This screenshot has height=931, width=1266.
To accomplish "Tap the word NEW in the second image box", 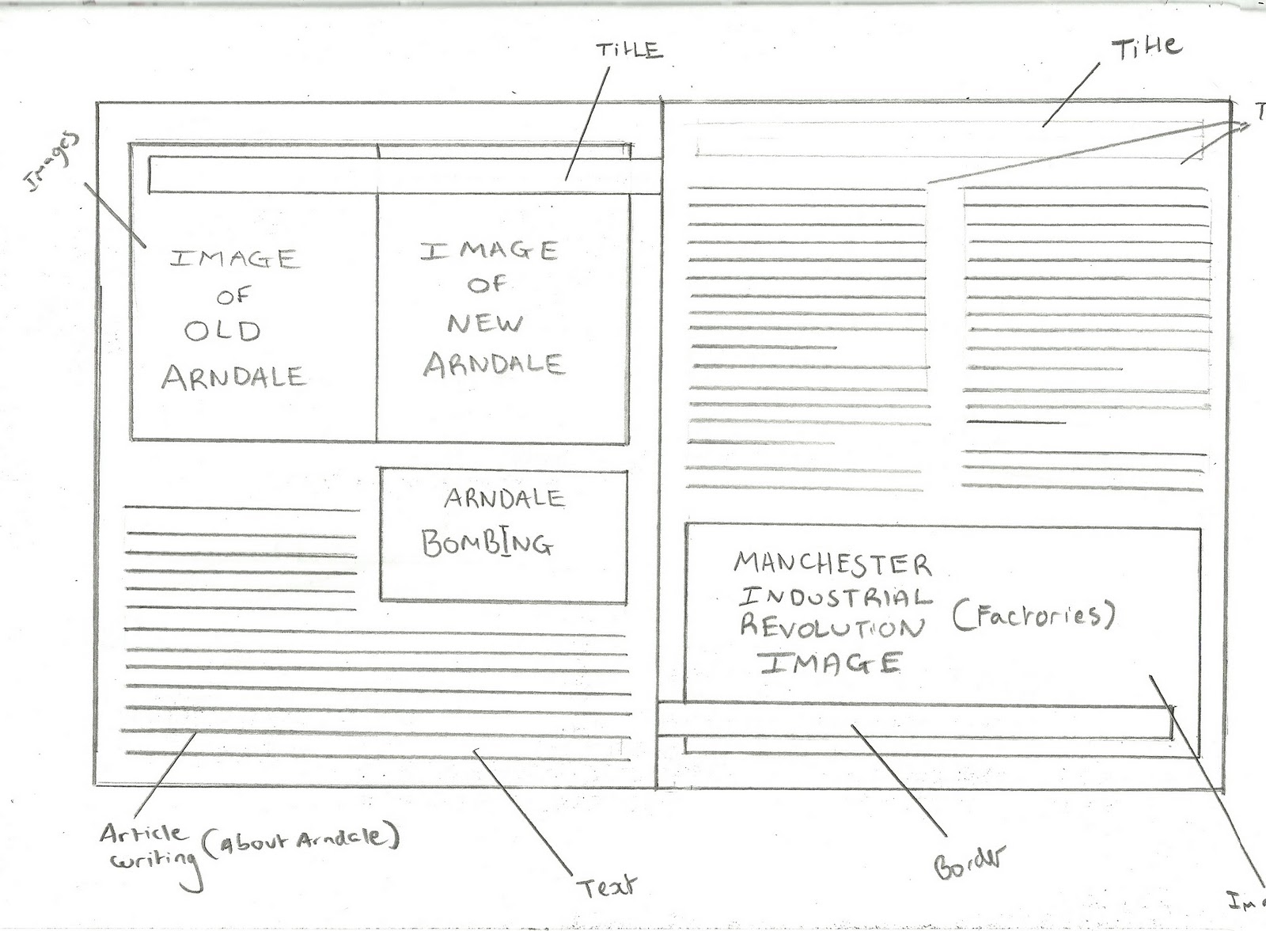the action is (485, 323).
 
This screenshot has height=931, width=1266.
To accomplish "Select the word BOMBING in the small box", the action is (487, 543).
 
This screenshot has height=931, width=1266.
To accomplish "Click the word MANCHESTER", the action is (832, 564).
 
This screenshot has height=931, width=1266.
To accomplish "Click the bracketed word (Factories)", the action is (1032, 615).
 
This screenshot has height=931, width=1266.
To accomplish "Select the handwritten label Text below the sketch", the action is (607, 886).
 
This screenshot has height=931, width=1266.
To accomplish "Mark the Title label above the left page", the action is (628, 50).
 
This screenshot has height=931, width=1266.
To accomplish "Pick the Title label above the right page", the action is (1147, 47).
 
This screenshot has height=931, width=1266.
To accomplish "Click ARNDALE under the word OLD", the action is (233, 377).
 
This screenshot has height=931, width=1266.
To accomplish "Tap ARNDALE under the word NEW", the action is (494, 363).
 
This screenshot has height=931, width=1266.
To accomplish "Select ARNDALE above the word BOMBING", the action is (503, 499).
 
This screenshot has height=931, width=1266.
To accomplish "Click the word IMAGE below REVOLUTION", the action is (831, 663).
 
